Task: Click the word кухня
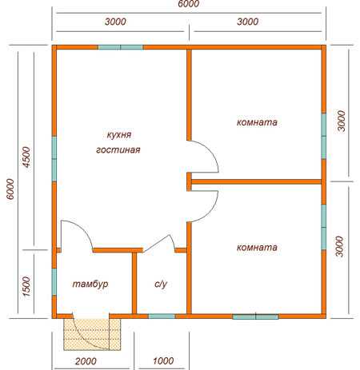119,135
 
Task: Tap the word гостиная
118,150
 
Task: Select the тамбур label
90,284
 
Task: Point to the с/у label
161,284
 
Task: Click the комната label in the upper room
257,122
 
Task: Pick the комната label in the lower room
257,248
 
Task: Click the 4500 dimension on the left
27,157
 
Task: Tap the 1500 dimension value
27,287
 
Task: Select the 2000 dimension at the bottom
86,361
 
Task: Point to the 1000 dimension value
163,361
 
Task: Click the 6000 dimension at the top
189,4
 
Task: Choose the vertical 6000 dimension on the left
10,189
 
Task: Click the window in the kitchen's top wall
120,47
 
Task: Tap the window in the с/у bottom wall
162,316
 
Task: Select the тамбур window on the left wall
54,282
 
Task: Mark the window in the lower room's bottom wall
255,316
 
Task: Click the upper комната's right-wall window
324,136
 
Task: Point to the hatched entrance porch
92,334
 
